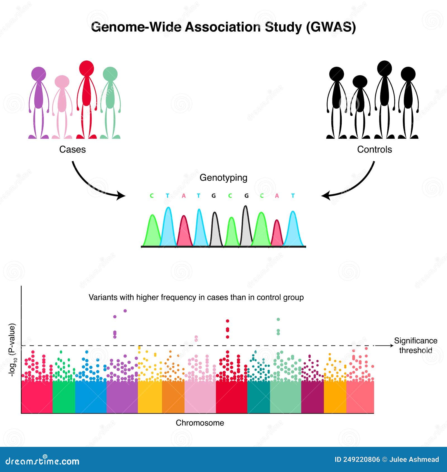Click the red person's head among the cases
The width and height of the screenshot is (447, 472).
tap(86, 68)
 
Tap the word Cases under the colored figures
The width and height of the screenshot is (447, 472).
tap(72, 149)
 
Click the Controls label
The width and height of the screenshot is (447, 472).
tap(374, 149)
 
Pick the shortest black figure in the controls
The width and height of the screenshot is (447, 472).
tap(360, 106)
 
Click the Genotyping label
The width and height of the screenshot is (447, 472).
tap(223, 178)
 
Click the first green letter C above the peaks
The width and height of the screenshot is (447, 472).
tap(152, 196)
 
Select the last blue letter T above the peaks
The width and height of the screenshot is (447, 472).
tap(293, 196)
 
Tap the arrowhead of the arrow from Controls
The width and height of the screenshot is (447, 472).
tap(325, 196)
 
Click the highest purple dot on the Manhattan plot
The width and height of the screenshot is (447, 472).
tap(125, 311)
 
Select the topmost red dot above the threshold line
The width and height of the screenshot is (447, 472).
tap(227, 321)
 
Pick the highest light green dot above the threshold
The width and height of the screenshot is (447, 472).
tap(278, 319)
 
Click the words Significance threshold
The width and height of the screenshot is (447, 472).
tap(415, 345)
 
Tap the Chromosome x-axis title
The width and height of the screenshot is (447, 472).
tap(200, 423)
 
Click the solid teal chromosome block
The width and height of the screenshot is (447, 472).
tap(258, 397)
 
